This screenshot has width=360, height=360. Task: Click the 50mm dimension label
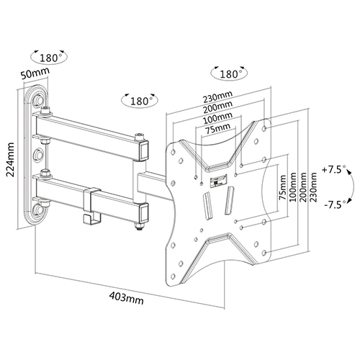(x=35, y=73)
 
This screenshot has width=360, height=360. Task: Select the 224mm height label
(x=11, y=159)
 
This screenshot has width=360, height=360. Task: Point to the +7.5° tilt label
(x=333, y=170)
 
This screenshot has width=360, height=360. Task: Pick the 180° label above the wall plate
(x=49, y=58)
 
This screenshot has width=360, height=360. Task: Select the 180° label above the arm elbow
(x=140, y=101)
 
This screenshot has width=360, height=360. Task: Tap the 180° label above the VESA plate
(x=229, y=74)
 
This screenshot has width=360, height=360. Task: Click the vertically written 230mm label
(x=312, y=188)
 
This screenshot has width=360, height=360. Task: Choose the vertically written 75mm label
(x=282, y=188)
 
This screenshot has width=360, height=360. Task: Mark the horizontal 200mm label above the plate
(x=217, y=107)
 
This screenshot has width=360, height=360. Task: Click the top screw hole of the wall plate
(x=38, y=100)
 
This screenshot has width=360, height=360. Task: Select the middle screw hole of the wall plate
(x=37, y=155)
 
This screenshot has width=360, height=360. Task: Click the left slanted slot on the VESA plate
(x=208, y=205)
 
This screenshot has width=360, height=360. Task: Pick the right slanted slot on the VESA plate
(x=229, y=200)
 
